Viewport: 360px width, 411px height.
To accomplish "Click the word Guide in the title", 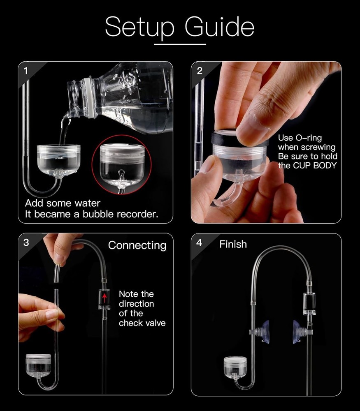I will coord(219,28).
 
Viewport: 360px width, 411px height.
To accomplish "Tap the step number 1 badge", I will coord(26,71).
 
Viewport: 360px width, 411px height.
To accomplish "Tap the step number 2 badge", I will coord(200,71).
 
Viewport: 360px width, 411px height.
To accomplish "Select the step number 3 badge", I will coord(26,242).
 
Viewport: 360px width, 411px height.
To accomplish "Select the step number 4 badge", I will coord(200,242).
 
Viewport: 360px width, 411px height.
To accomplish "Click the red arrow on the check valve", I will coord(105,297).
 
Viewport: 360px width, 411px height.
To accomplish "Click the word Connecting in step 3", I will coord(137,245).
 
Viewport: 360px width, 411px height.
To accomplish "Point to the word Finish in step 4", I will coord(233,244).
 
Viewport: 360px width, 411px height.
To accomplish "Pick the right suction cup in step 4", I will coord(297,332).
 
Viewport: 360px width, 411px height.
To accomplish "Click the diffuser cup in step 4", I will coord(235,366).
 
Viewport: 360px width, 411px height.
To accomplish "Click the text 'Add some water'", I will coord(63,203).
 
